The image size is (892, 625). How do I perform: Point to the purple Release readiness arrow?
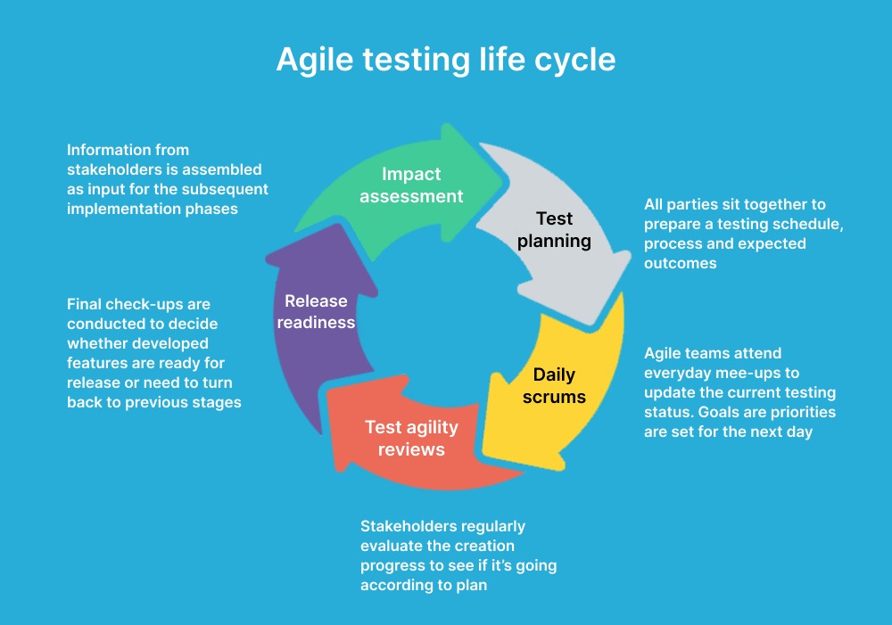(318, 318)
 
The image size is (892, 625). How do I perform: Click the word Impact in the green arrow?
(411, 174)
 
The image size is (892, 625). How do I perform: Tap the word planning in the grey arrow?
(554, 241)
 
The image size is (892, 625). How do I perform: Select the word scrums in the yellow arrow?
(554, 397)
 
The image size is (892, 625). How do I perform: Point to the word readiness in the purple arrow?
(317, 323)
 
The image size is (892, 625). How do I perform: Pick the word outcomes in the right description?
(681, 263)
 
